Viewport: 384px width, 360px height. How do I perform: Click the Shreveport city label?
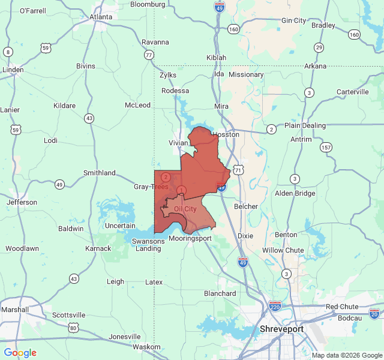point(281,329)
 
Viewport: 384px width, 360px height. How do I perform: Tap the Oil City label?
point(185,209)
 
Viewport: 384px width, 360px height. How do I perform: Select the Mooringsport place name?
point(190,238)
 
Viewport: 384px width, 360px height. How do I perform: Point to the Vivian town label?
point(178,143)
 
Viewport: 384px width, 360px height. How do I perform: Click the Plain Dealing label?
point(305,125)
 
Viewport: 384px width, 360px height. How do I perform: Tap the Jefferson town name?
point(22,202)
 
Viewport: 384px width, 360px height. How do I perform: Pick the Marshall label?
point(15,310)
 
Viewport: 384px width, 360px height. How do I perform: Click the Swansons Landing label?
point(148,245)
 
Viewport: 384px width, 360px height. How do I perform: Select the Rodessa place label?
point(175,91)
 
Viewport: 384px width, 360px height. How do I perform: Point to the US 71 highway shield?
point(239,170)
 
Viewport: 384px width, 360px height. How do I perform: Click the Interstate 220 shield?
point(275,306)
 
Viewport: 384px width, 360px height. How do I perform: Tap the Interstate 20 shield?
point(374,313)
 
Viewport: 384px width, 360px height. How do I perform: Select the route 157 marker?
point(326,148)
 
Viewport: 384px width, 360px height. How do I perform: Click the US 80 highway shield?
point(73,328)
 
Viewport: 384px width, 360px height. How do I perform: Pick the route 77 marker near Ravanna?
point(148,55)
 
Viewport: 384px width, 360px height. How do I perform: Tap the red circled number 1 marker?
point(182,190)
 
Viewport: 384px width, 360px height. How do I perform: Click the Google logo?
point(20,353)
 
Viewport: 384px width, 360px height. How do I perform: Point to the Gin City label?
point(293,20)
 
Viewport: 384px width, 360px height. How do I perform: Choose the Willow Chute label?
point(283,250)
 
